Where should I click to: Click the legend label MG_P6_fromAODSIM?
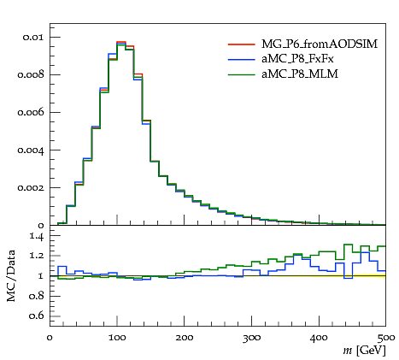coord(320,44)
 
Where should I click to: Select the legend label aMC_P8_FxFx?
coord(297,59)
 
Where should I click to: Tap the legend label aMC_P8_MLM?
coord(300,74)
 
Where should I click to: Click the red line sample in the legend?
coord(241,44)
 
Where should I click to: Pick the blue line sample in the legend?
coord(241,59)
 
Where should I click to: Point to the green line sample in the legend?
coord(241,74)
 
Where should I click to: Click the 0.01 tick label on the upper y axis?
coord(33,38)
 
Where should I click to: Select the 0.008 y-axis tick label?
coord(31,75)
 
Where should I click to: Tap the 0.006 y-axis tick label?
coord(31,113)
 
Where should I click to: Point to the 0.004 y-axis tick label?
coord(31,150)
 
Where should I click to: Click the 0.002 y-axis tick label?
coord(31,188)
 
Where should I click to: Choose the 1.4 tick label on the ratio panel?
coord(37,237)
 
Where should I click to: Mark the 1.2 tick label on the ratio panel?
coord(37,256)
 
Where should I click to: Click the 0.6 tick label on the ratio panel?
coord(37,316)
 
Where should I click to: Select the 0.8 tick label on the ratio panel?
coord(37,296)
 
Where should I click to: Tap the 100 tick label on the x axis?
coord(117,338)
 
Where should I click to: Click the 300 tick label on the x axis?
coord(251,339)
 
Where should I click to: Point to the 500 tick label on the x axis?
coord(386,339)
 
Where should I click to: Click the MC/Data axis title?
coord(11,276)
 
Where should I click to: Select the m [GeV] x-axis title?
coord(364,351)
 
